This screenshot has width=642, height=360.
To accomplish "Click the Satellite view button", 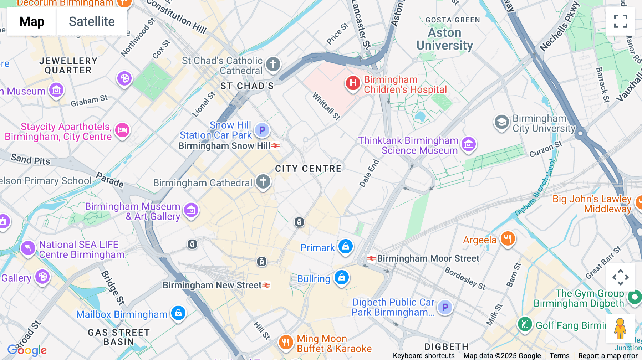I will point(92,22).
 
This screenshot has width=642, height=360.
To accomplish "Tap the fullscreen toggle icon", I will point(620,21).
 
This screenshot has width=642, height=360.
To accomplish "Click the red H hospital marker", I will point(353,83).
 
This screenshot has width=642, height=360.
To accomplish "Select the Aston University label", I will point(444,39).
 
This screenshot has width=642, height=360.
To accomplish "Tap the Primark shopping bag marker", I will point(345,246).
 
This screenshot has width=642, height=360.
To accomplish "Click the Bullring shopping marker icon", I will point(341,277).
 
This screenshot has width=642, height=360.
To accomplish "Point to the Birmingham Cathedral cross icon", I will point(263,181).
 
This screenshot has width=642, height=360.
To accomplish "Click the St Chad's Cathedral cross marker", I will point(273,65).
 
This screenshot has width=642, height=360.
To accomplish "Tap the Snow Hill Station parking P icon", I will point(262,130).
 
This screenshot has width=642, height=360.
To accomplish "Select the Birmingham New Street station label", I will point(213,285).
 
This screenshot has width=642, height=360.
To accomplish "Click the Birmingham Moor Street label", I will point(428,258).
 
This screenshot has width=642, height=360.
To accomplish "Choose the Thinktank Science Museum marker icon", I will point(469,144).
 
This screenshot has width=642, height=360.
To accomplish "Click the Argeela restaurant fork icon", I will point(508,238).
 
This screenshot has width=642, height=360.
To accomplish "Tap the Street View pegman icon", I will point(620,328).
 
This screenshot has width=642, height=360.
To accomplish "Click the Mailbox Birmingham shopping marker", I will point(178,313).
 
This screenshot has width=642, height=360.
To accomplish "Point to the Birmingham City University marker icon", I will point(501,122).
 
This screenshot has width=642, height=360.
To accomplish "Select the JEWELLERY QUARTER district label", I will point(68,66).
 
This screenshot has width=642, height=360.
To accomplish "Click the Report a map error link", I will point(608,356).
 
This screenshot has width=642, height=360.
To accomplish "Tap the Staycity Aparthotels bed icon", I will point(122,130).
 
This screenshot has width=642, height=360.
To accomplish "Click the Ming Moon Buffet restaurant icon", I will point(286,343).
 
